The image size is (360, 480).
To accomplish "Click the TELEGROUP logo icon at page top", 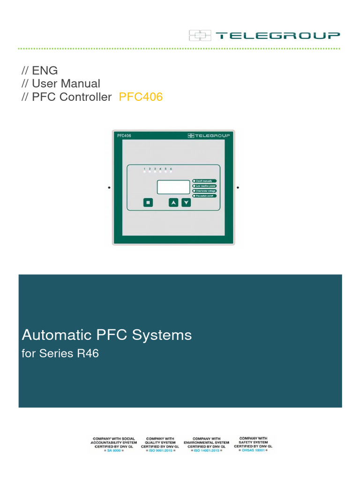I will pyautogui.click(x=201, y=35).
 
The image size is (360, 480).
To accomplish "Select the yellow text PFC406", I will pyautogui.click(x=141, y=97).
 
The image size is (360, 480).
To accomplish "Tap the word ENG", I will pyautogui.click(x=45, y=70).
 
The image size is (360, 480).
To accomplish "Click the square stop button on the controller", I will pyautogui.click(x=148, y=202).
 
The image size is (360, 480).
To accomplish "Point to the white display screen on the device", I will pyautogui.click(x=173, y=187).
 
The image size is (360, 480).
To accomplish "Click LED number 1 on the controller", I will pyautogui.click(x=144, y=172).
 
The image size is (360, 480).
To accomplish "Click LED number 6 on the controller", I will pyautogui.click(x=171, y=172).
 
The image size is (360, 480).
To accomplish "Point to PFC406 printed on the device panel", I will pyautogui.click(x=124, y=135).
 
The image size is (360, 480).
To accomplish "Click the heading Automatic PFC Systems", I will pyautogui.click(x=107, y=335).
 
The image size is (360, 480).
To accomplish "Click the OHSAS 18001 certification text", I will pyautogui.click(x=254, y=450).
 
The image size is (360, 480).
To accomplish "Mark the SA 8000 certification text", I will pyautogui.click(x=114, y=450).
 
